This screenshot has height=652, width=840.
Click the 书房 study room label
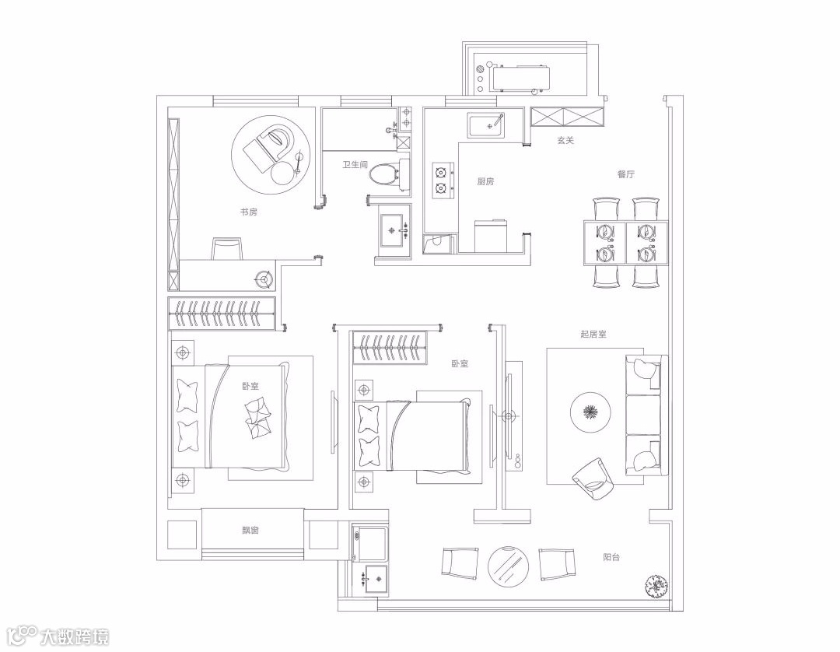[x=249, y=212]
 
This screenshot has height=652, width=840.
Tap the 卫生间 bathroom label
[x=355, y=165]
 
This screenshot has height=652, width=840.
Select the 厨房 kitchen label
[x=485, y=181]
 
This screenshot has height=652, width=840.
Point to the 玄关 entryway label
[x=565, y=141]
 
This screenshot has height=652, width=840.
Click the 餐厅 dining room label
[x=626, y=175]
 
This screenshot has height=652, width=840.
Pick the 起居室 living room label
[x=593, y=335]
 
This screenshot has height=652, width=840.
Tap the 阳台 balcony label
[x=612, y=557]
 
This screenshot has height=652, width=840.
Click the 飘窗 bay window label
[x=250, y=531]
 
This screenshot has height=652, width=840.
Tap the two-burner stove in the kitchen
[x=440, y=179]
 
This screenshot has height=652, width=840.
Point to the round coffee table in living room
[x=590, y=412]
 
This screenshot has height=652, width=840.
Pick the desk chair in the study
[x=226, y=250]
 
